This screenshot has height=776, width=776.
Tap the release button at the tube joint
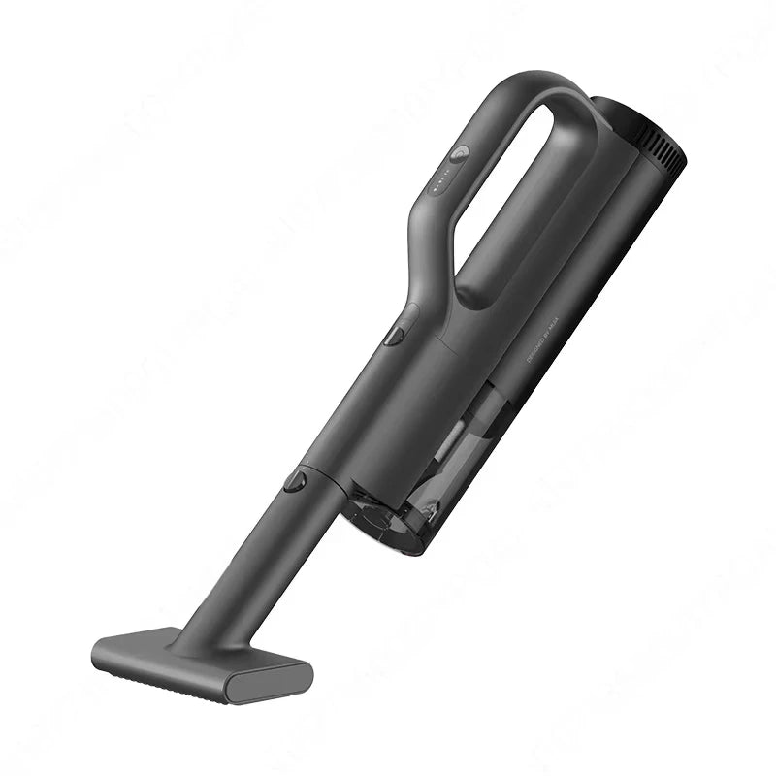295,480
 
